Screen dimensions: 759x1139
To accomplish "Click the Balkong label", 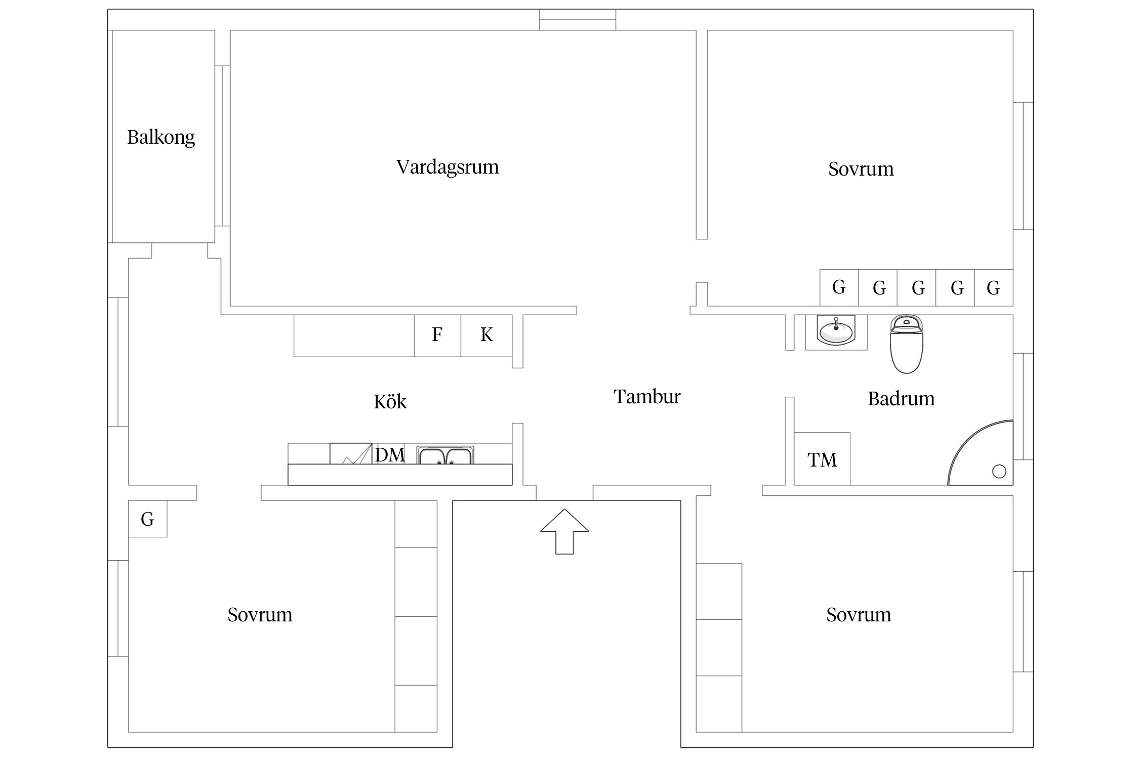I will tap(160, 137).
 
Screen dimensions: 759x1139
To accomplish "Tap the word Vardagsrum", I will tap(447, 167).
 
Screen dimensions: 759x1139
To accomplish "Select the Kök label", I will tap(390, 402).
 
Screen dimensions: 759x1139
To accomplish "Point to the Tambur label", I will tap(646, 397).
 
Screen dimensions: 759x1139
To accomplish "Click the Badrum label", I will tap(901, 399).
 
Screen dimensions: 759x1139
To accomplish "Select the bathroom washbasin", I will tap(836, 331).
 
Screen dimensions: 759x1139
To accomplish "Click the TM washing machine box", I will tap(822, 459).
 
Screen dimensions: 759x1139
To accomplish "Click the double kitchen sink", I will tap(445, 455).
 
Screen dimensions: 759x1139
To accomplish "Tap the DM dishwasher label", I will tap(390, 455).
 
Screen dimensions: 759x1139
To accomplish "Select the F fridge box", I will tap(437, 335).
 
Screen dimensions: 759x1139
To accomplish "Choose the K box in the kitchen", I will tap(486, 335).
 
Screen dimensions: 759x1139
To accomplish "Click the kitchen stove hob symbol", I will tap(351, 454).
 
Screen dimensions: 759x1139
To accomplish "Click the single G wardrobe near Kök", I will tap(147, 519).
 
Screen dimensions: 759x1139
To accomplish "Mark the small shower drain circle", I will tap(999, 471).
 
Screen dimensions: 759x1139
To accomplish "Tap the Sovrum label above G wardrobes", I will tap(861, 169).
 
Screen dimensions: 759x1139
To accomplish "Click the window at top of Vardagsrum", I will tap(577, 20).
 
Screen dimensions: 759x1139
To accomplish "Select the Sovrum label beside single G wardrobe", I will tap(260, 615).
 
